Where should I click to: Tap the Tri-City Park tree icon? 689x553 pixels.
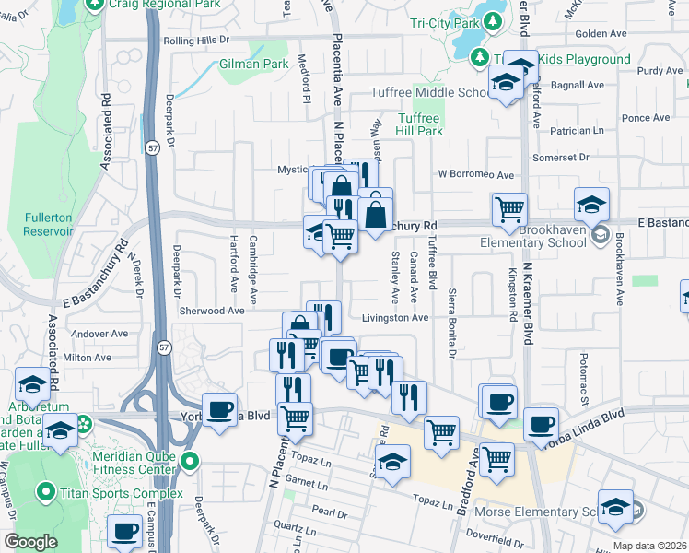[x=495, y=21]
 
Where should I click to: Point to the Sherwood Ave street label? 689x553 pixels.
[x=211, y=311]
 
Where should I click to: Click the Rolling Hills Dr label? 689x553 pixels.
[x=195, y=41]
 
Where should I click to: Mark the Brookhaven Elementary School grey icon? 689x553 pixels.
[x=601, y=233]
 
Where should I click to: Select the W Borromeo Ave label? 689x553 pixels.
[x=475, y=174]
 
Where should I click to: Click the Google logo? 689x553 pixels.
[x=30, y=542]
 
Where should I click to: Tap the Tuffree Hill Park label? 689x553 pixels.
[x=420, y=124]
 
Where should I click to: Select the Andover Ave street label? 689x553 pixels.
[x=99, y=334]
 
